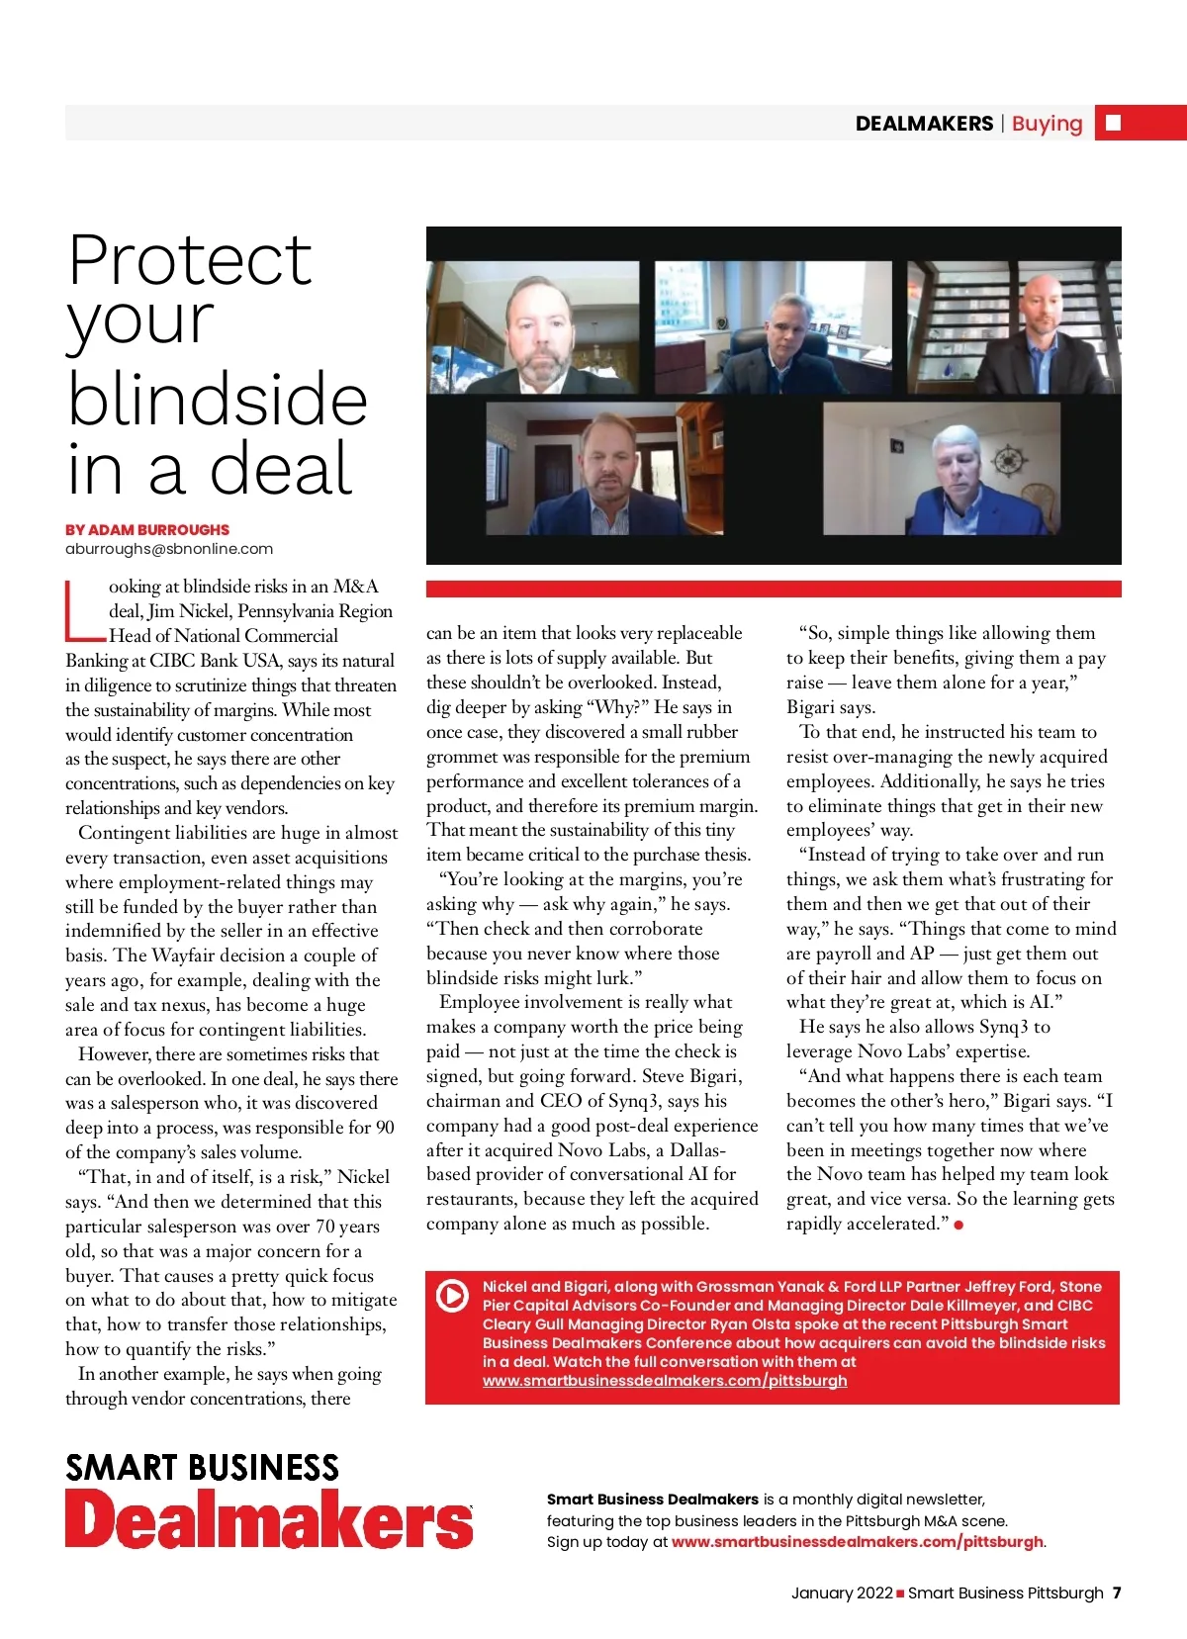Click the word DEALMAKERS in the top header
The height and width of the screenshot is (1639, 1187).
924,124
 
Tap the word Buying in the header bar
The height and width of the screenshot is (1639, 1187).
1047,124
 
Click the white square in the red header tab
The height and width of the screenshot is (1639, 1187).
1113,123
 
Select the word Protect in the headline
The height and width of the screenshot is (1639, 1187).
190,260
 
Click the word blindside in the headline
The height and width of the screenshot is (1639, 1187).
218,399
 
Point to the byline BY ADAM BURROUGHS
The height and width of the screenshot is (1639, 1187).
147,530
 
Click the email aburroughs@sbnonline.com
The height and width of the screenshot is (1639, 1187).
169,549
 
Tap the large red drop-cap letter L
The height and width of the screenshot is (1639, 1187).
83,610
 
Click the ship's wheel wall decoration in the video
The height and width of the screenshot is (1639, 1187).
1012,461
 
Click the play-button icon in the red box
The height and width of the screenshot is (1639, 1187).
452,1295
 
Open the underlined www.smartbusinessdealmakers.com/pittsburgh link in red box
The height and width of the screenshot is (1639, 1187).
665,1381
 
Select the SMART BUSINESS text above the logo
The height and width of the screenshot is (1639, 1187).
202,1468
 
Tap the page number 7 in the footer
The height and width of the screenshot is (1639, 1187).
1117,1593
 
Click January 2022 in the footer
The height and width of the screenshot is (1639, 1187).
842,1593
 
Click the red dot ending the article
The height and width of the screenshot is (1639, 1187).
959,1225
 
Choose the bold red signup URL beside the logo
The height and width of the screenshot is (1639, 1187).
857,1542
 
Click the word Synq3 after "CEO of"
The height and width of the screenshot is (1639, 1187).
627,1101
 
